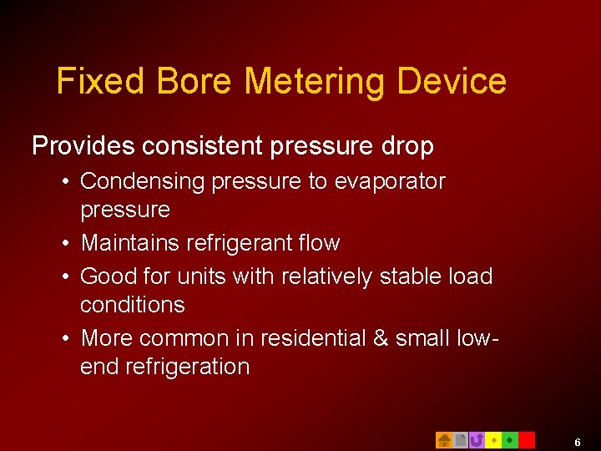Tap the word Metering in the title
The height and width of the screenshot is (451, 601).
[x=316, y=82]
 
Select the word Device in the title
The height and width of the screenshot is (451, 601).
[x=452, y=82]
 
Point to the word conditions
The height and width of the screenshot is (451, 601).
[x=132, y=304]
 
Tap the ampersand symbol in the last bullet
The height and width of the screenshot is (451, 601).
[x=381, y=338]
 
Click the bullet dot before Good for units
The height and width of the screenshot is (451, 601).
[x=64, y=276]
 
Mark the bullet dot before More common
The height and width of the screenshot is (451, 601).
[x=64, y=338]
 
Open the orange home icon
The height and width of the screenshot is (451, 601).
[x=444, y=439]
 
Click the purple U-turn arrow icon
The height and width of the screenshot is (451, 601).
[x=477, y=439]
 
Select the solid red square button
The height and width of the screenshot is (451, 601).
[x=527, y=439]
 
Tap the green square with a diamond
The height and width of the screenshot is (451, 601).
[x=510, y=439]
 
